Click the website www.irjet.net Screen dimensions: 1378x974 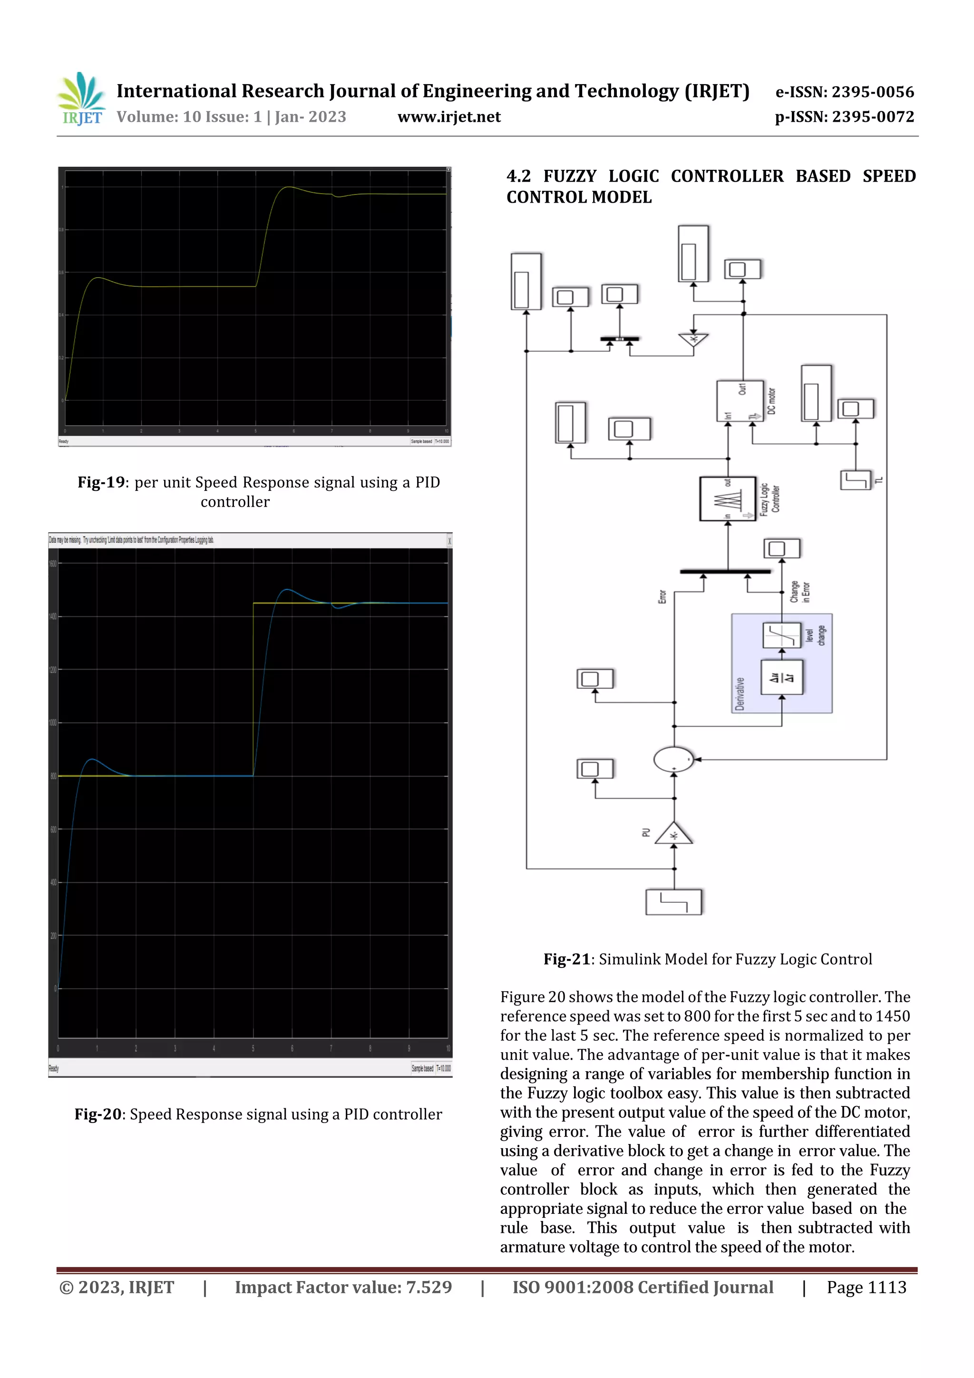[x=448, y=117]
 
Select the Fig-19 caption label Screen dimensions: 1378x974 [x=101, y=482]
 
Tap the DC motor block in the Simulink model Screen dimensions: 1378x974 [x=740, y=401]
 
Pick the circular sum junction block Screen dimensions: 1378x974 [x=673, y=759]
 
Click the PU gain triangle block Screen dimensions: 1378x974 [x=673, y=834]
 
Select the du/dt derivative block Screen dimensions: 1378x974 [x=781, y=678]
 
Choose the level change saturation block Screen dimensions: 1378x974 [x=781, y=635]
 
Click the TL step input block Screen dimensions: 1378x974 [x=855, y=480]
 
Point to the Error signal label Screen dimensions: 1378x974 [x=662, y=596]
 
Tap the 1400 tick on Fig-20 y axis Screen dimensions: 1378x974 [x=53, y=616]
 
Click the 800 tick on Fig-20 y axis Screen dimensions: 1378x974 [x=53, y=776]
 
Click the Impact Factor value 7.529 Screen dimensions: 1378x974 [x=429, y=1287]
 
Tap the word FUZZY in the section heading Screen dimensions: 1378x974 [x=570, y=176]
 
